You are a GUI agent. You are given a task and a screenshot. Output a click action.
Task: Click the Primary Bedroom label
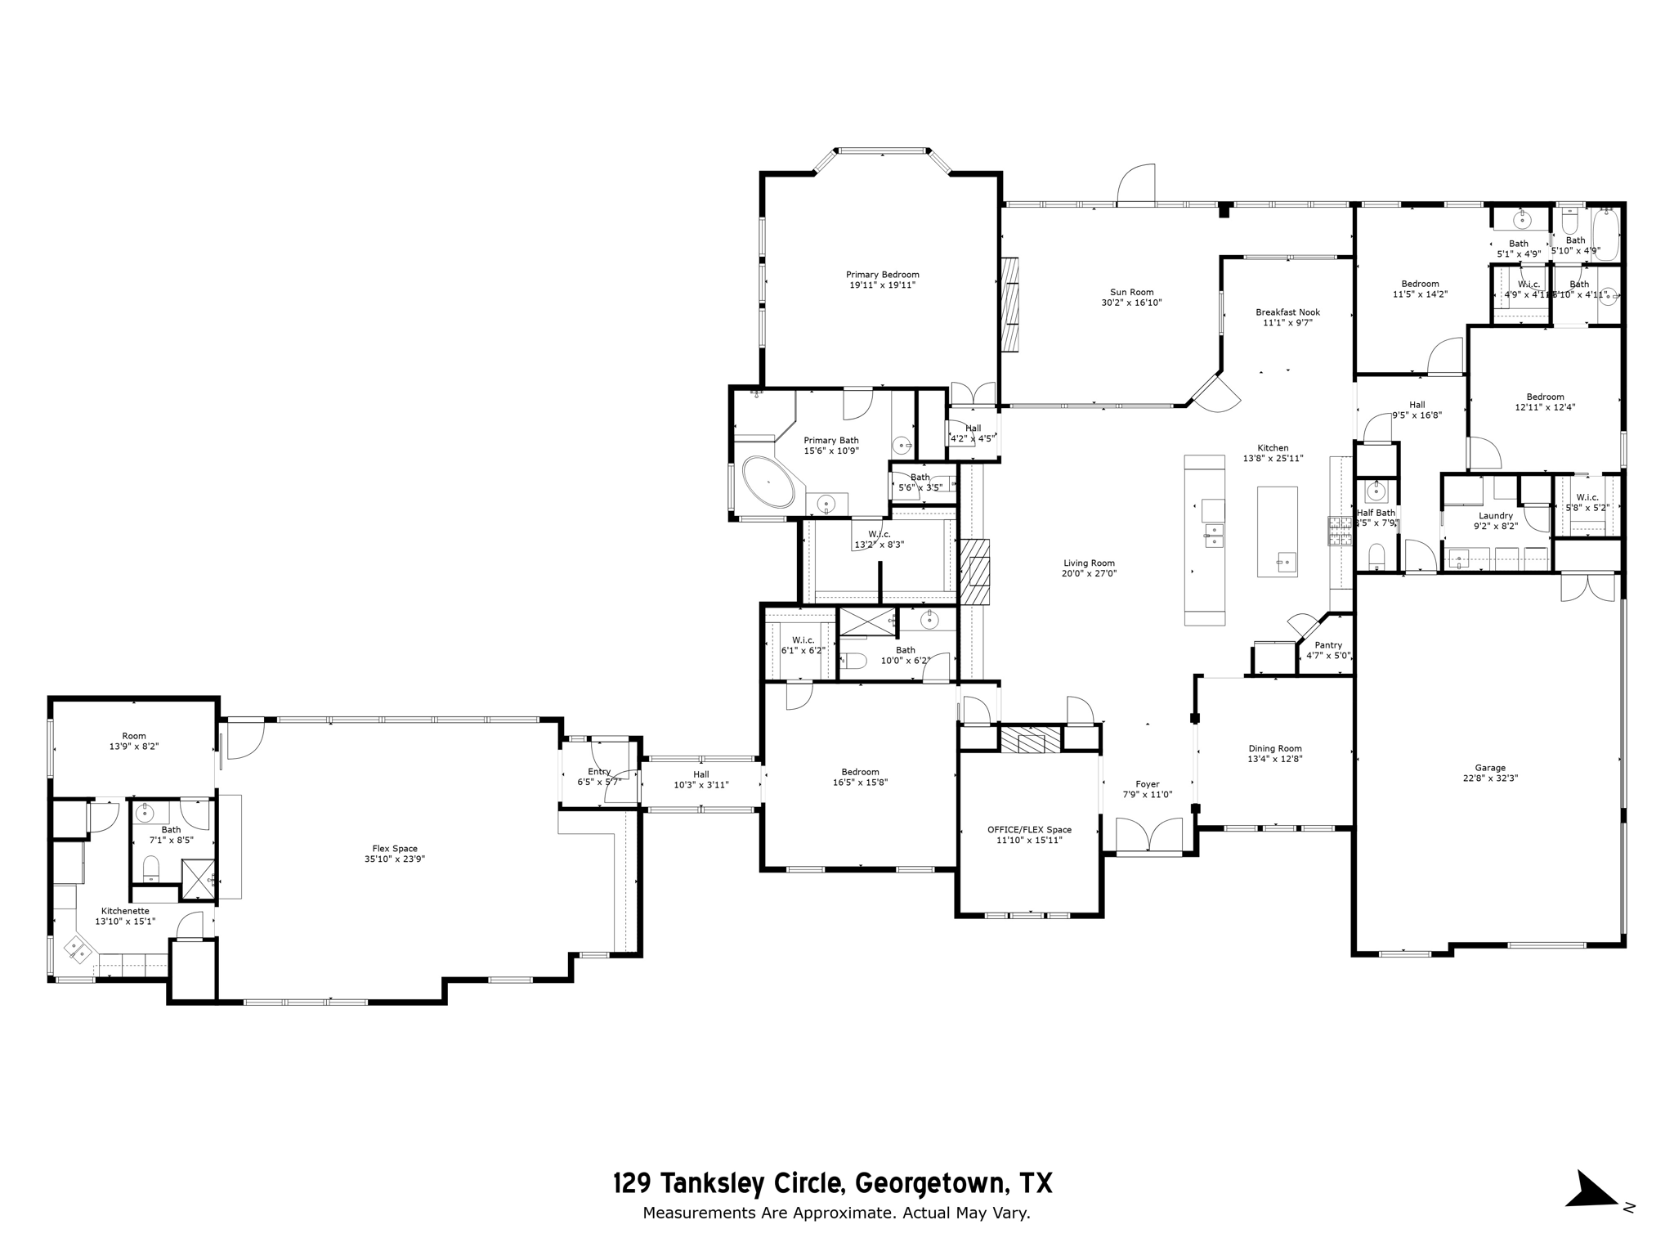(x=882, y=275)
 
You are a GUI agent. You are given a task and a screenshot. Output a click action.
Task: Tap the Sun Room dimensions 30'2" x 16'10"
(x=1131, y=303)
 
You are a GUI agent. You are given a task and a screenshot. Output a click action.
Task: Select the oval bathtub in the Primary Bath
(x=768, y=482)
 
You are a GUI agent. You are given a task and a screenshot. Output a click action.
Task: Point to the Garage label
(x=1490, y=768)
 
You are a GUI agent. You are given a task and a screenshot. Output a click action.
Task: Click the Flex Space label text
(x=395, y=849)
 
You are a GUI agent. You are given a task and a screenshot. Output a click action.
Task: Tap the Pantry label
(x=1328, y=645)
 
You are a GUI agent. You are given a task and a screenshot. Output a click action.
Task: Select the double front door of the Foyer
(x=1149, y=836)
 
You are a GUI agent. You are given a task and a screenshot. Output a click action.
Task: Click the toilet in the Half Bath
(x=1376, y=556)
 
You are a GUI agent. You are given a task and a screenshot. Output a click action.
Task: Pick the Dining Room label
(x=1275, y=748)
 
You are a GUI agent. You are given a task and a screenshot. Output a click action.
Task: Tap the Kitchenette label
(x=125, y=911)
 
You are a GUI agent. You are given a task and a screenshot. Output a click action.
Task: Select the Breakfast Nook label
(x=1287, y=312)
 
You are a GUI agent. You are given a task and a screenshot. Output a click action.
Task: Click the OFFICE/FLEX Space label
(x=1029, y=830)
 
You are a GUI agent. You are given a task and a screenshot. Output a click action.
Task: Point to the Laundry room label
(x=1496, y=516)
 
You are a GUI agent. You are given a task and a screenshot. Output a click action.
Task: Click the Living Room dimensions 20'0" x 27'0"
(x=1089, y=573)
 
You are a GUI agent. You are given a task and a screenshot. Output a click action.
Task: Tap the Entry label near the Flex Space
(x=599, y=771)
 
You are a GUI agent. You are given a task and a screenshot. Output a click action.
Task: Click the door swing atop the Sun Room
(x=1136, y=185)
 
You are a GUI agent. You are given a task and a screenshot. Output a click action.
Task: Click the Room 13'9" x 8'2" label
(x=134, y=736)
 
